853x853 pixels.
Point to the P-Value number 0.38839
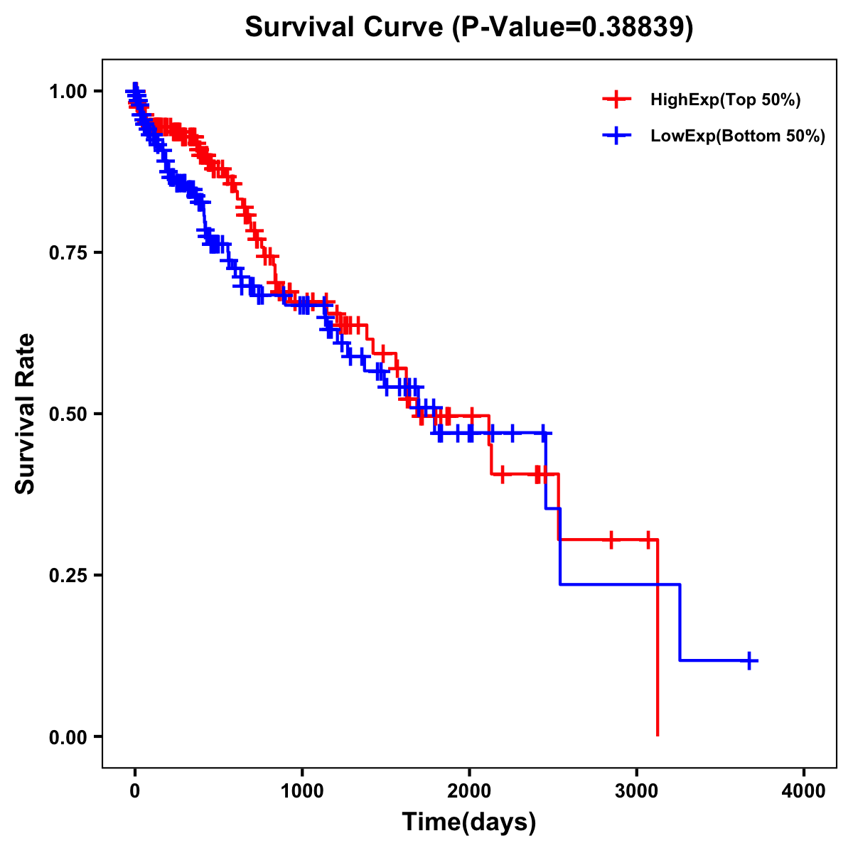click(634, 27)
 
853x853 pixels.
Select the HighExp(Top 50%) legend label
click(726, 100)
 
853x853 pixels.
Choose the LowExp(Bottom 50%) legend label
click(738, 136)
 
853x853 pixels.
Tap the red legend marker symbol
click(617, 100)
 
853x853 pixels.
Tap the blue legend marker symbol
click(617, 136)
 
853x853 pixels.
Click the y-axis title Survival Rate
click(26, 413)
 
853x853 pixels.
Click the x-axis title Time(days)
click(468, 822)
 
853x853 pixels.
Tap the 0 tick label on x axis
click(135, 792)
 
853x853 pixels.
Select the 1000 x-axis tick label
click(302, 792)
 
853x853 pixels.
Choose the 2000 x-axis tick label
click(469, 792)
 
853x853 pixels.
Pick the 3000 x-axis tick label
click(637, 792)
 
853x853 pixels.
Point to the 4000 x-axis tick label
click(804, 792)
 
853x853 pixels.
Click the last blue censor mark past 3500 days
click(749, 660)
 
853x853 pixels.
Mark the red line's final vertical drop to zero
click(658, 640)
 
